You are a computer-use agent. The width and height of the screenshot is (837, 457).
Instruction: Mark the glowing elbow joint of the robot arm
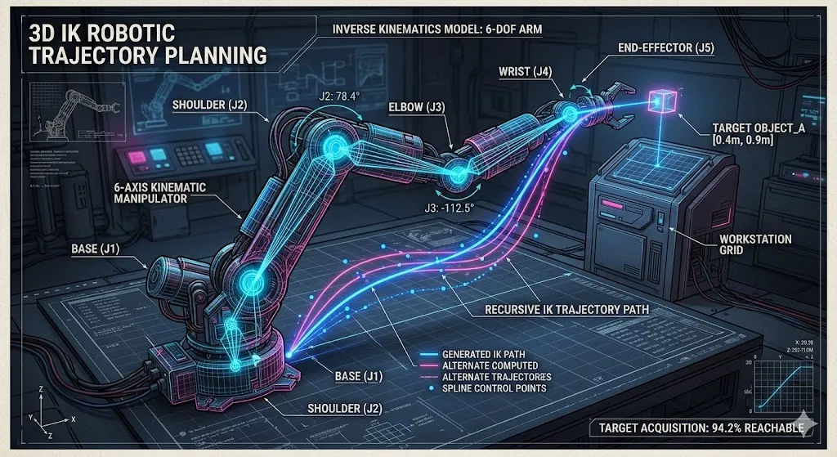click(x=455, y=172)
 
